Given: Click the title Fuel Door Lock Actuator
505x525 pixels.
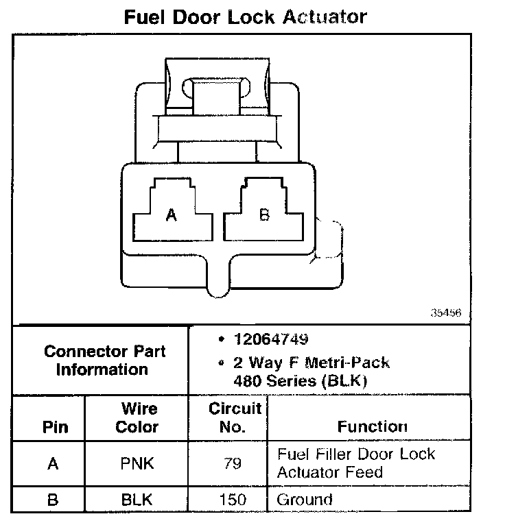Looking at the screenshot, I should pos(245,16).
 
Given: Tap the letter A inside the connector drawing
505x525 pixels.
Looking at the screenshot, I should pos(172,215).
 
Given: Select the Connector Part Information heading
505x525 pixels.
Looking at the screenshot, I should pos(104,361).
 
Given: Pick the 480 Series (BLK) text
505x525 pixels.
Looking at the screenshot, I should pos(301,382).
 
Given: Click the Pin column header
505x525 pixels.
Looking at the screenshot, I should pos(56,427).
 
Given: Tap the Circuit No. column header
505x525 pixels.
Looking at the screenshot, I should pos(235,418).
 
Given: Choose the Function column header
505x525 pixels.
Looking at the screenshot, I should pos(372,426).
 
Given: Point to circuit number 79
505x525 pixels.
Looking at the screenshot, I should pos(233,464).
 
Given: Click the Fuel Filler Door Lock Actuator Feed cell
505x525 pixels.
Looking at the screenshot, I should pos(355,463).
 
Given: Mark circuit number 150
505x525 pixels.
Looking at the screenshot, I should pos(233,500).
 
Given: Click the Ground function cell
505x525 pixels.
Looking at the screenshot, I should pos(304,500).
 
